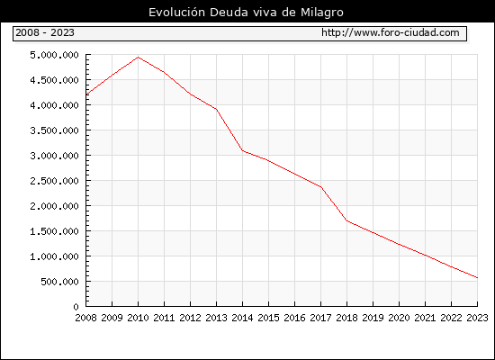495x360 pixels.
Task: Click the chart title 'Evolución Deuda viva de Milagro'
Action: click(x=246, y=13)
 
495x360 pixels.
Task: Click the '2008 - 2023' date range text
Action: click(x=45, y=32)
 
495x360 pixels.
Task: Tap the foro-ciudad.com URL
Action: click(x=391, y=32)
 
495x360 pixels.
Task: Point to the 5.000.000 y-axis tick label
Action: click(x=54, y=55)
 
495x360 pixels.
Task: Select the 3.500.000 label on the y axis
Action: click(x=54, y=130)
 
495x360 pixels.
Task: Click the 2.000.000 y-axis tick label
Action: click(x=54, y=206)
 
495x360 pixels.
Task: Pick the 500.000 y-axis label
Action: click(x=59, y=282)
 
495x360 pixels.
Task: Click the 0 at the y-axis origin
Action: click(x=76, y=307)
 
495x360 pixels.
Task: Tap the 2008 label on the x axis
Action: click(x=85, y=318)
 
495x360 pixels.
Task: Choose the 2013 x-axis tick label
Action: click(x=216, y=318)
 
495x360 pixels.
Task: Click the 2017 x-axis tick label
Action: click(x=320, y=318)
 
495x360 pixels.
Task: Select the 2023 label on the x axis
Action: click(x=477, y=318)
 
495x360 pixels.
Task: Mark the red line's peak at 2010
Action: click(x=138, y=58)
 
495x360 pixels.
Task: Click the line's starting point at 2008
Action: click(x=86, y=94)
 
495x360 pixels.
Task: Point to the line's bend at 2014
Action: click(x=242, y=150)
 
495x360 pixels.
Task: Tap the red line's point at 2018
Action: click(x=346, y=220)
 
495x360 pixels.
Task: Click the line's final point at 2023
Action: click(x=477, y=278)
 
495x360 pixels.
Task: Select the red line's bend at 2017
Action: click(x=320, y=187)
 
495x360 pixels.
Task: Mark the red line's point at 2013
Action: click(x=216, y=109)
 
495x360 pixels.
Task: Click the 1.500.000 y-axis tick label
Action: click(x=54, y=231)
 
